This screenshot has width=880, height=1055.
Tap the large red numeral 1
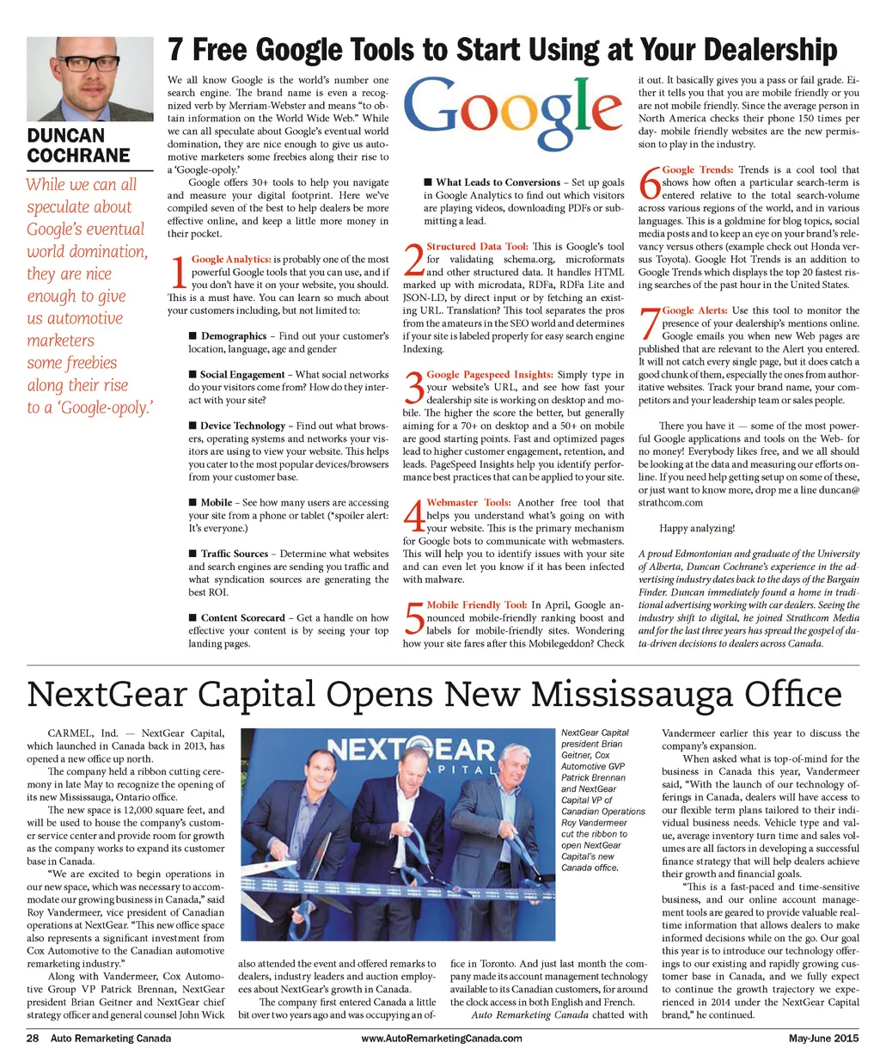[x=178, y=272]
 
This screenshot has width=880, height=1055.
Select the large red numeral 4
[x=413, y=515]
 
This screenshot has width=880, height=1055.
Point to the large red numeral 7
[x=649, y=323]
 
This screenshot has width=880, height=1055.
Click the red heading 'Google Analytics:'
[x=231, y=259]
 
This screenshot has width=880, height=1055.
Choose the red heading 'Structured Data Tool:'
[x=477, y=247]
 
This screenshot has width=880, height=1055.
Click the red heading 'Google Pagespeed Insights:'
[x=490, y=375]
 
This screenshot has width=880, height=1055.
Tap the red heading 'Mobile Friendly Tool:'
[x=477, y=605]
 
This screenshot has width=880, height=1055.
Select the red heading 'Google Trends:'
[x=698, y=170]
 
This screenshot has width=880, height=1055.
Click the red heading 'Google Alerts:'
[x=694, y=310]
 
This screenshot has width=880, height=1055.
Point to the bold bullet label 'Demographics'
[x=233, y=336]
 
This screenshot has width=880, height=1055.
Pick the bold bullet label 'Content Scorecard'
[x=242, y=618]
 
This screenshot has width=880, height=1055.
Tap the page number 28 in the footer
[x=33, y=1038]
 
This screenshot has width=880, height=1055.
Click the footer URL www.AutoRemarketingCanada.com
[x=442, y=1038]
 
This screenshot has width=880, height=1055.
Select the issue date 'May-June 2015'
[x=823, y=1038]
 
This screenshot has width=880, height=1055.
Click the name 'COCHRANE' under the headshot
[x=79, y=156]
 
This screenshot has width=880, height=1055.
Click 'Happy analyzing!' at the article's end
[x=697, y=528]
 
